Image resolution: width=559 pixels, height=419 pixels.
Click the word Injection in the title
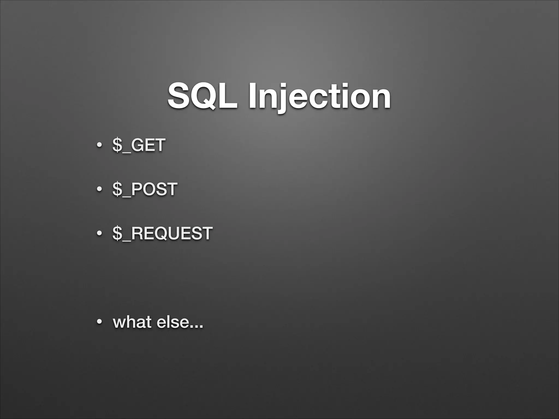click(x=319, y=96)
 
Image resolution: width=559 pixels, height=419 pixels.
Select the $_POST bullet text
click(x=145, y=189)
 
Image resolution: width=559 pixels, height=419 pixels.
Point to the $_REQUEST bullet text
click(x=162, y=233)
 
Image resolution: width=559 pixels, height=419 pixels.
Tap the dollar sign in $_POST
click(x=117, y=189)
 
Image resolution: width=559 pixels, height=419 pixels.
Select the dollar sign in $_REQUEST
click(x=117, y=233)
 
